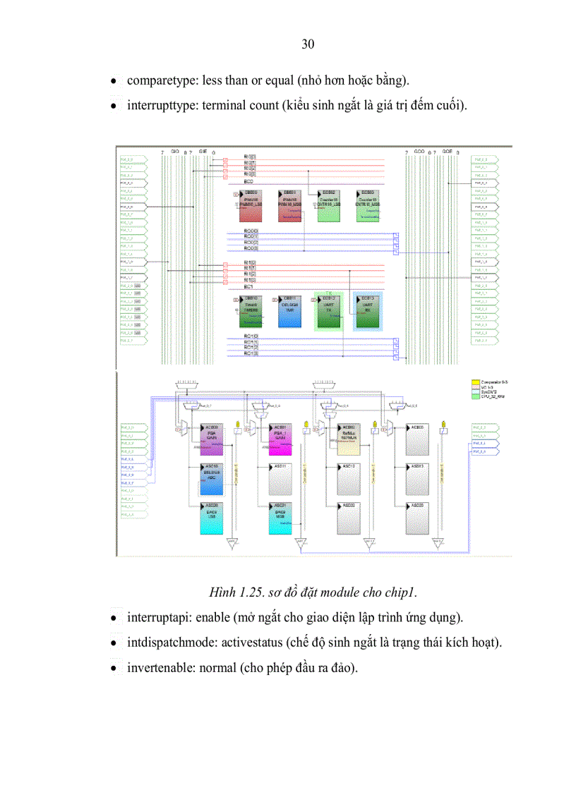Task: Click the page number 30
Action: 308,44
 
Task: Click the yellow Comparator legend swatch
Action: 474,382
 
